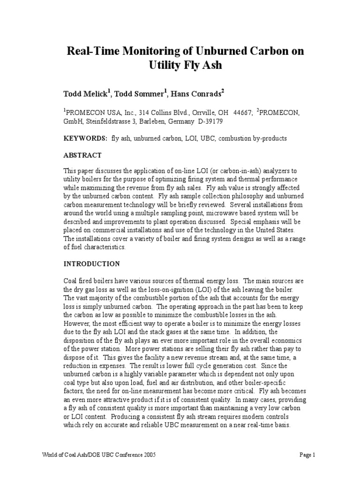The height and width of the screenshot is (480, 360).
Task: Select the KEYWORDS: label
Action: click(x=85, y=139)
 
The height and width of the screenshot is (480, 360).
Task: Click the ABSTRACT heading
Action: click(x=82, y=156)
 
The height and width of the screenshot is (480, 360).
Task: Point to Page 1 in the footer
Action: click(x=308, y=455)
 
